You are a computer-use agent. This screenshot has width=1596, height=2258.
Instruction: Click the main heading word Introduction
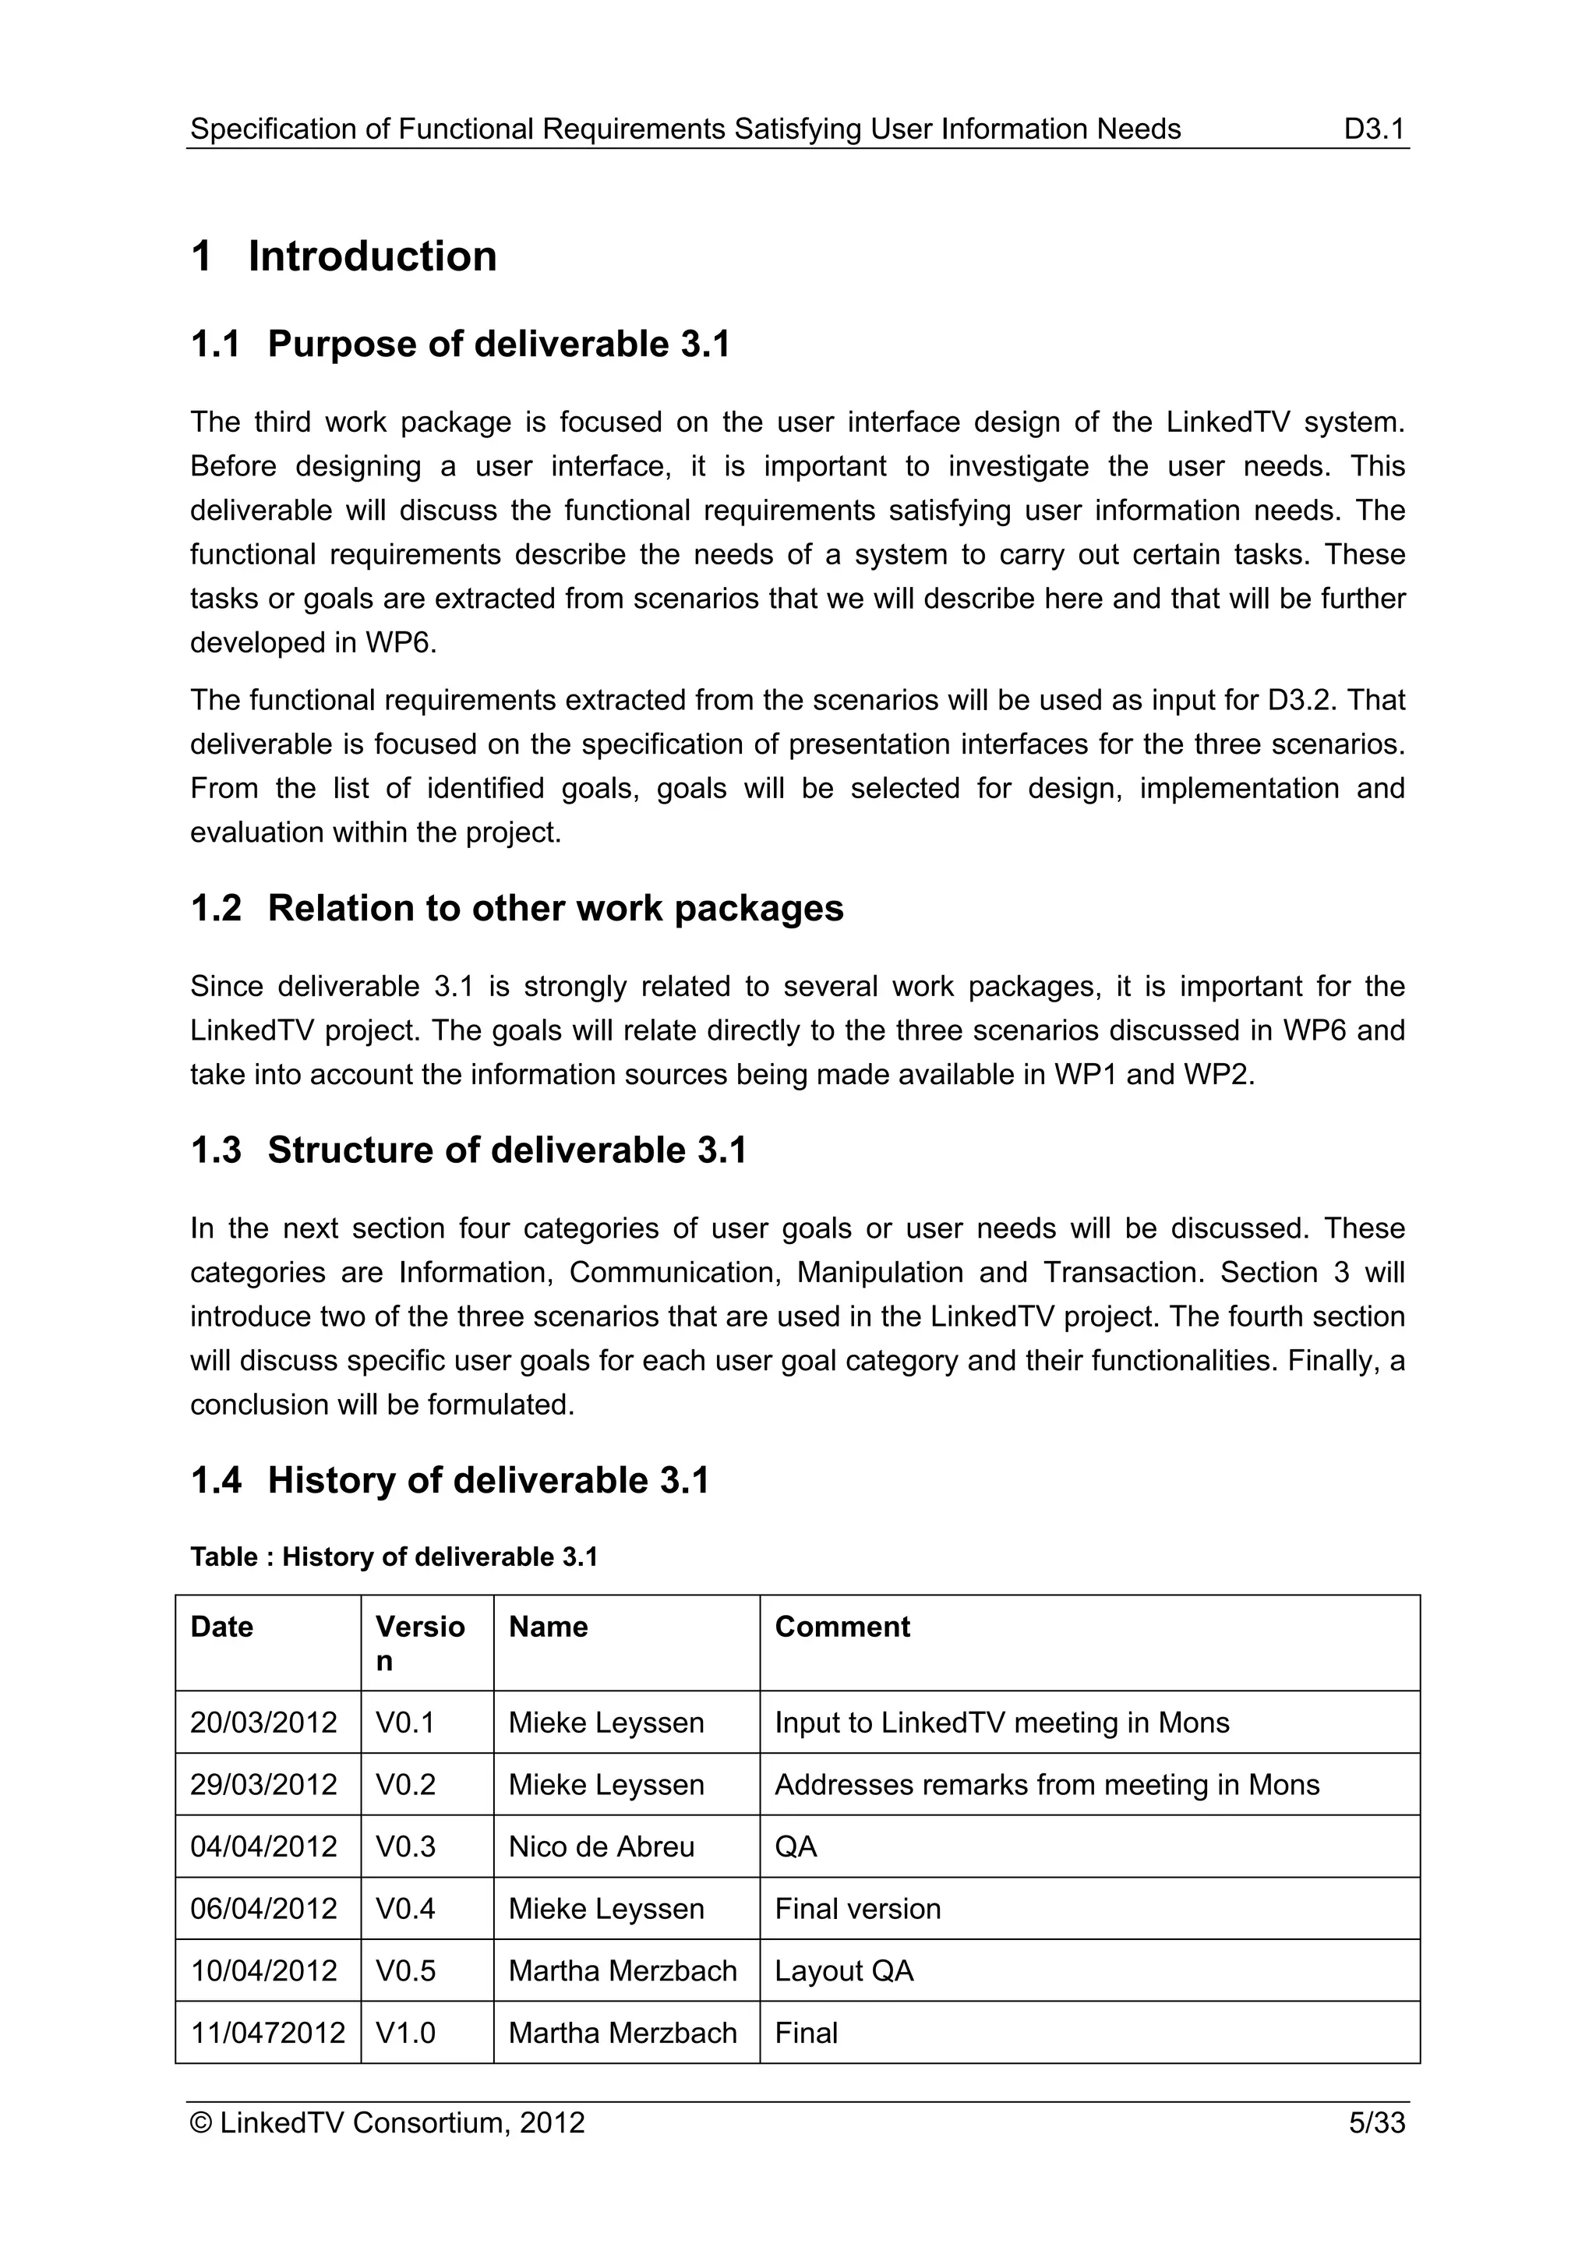point(372,256)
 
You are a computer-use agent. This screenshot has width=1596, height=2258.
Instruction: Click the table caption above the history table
point(394,1557)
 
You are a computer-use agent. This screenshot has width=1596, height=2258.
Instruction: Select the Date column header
point(221,1627)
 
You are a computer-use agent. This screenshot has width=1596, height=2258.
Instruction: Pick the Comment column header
point(842,1627)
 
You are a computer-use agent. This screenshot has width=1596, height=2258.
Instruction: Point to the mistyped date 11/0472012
point(267,2032)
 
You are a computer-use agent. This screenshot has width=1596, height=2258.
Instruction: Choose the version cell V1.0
point(405,2032)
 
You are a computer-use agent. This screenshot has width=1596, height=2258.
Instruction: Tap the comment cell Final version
point(857,1908)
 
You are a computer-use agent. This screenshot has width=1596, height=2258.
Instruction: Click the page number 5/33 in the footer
point(1377,2122)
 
